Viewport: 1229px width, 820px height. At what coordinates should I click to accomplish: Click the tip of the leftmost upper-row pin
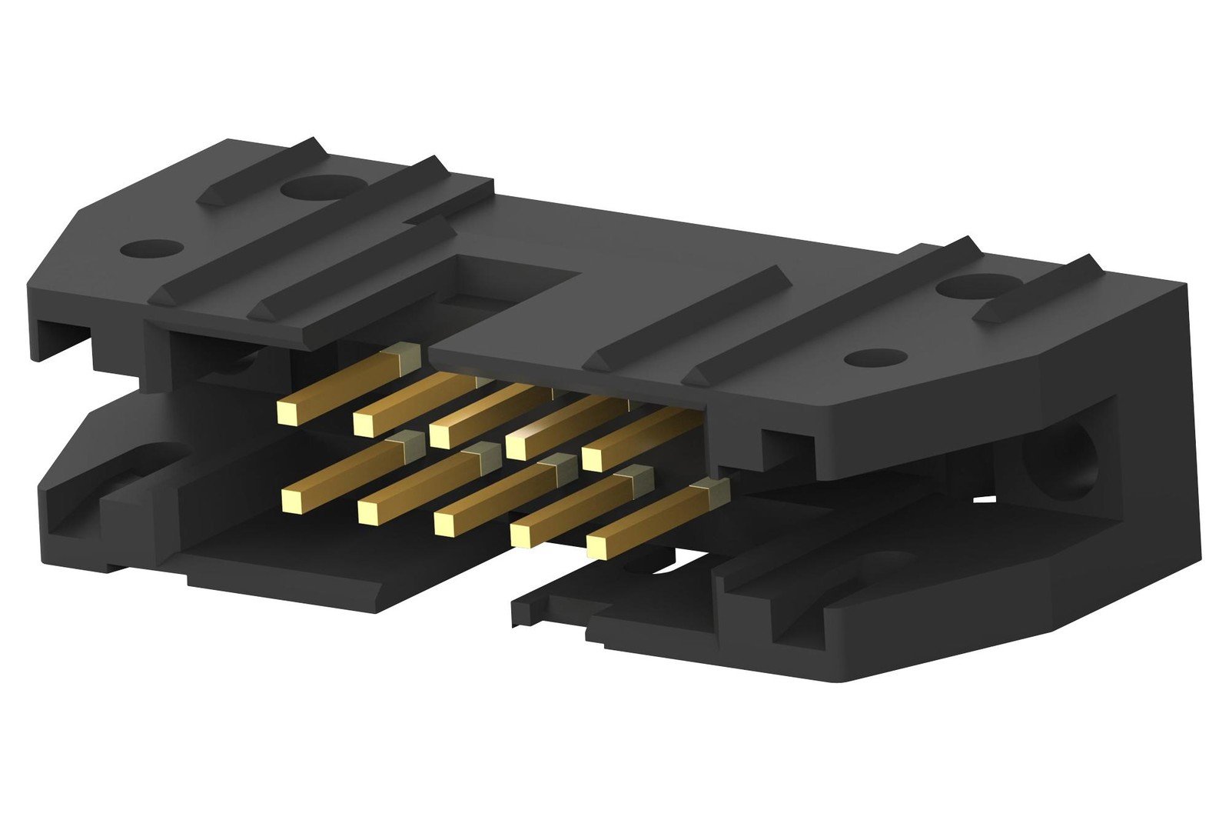coord(287,413)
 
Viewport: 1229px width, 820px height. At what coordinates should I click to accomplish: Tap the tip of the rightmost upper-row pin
coord(592,458)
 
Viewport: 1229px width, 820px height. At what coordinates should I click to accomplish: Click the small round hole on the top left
coord(151,249)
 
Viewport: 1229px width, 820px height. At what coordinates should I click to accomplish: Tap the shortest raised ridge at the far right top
coord(1038,288)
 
